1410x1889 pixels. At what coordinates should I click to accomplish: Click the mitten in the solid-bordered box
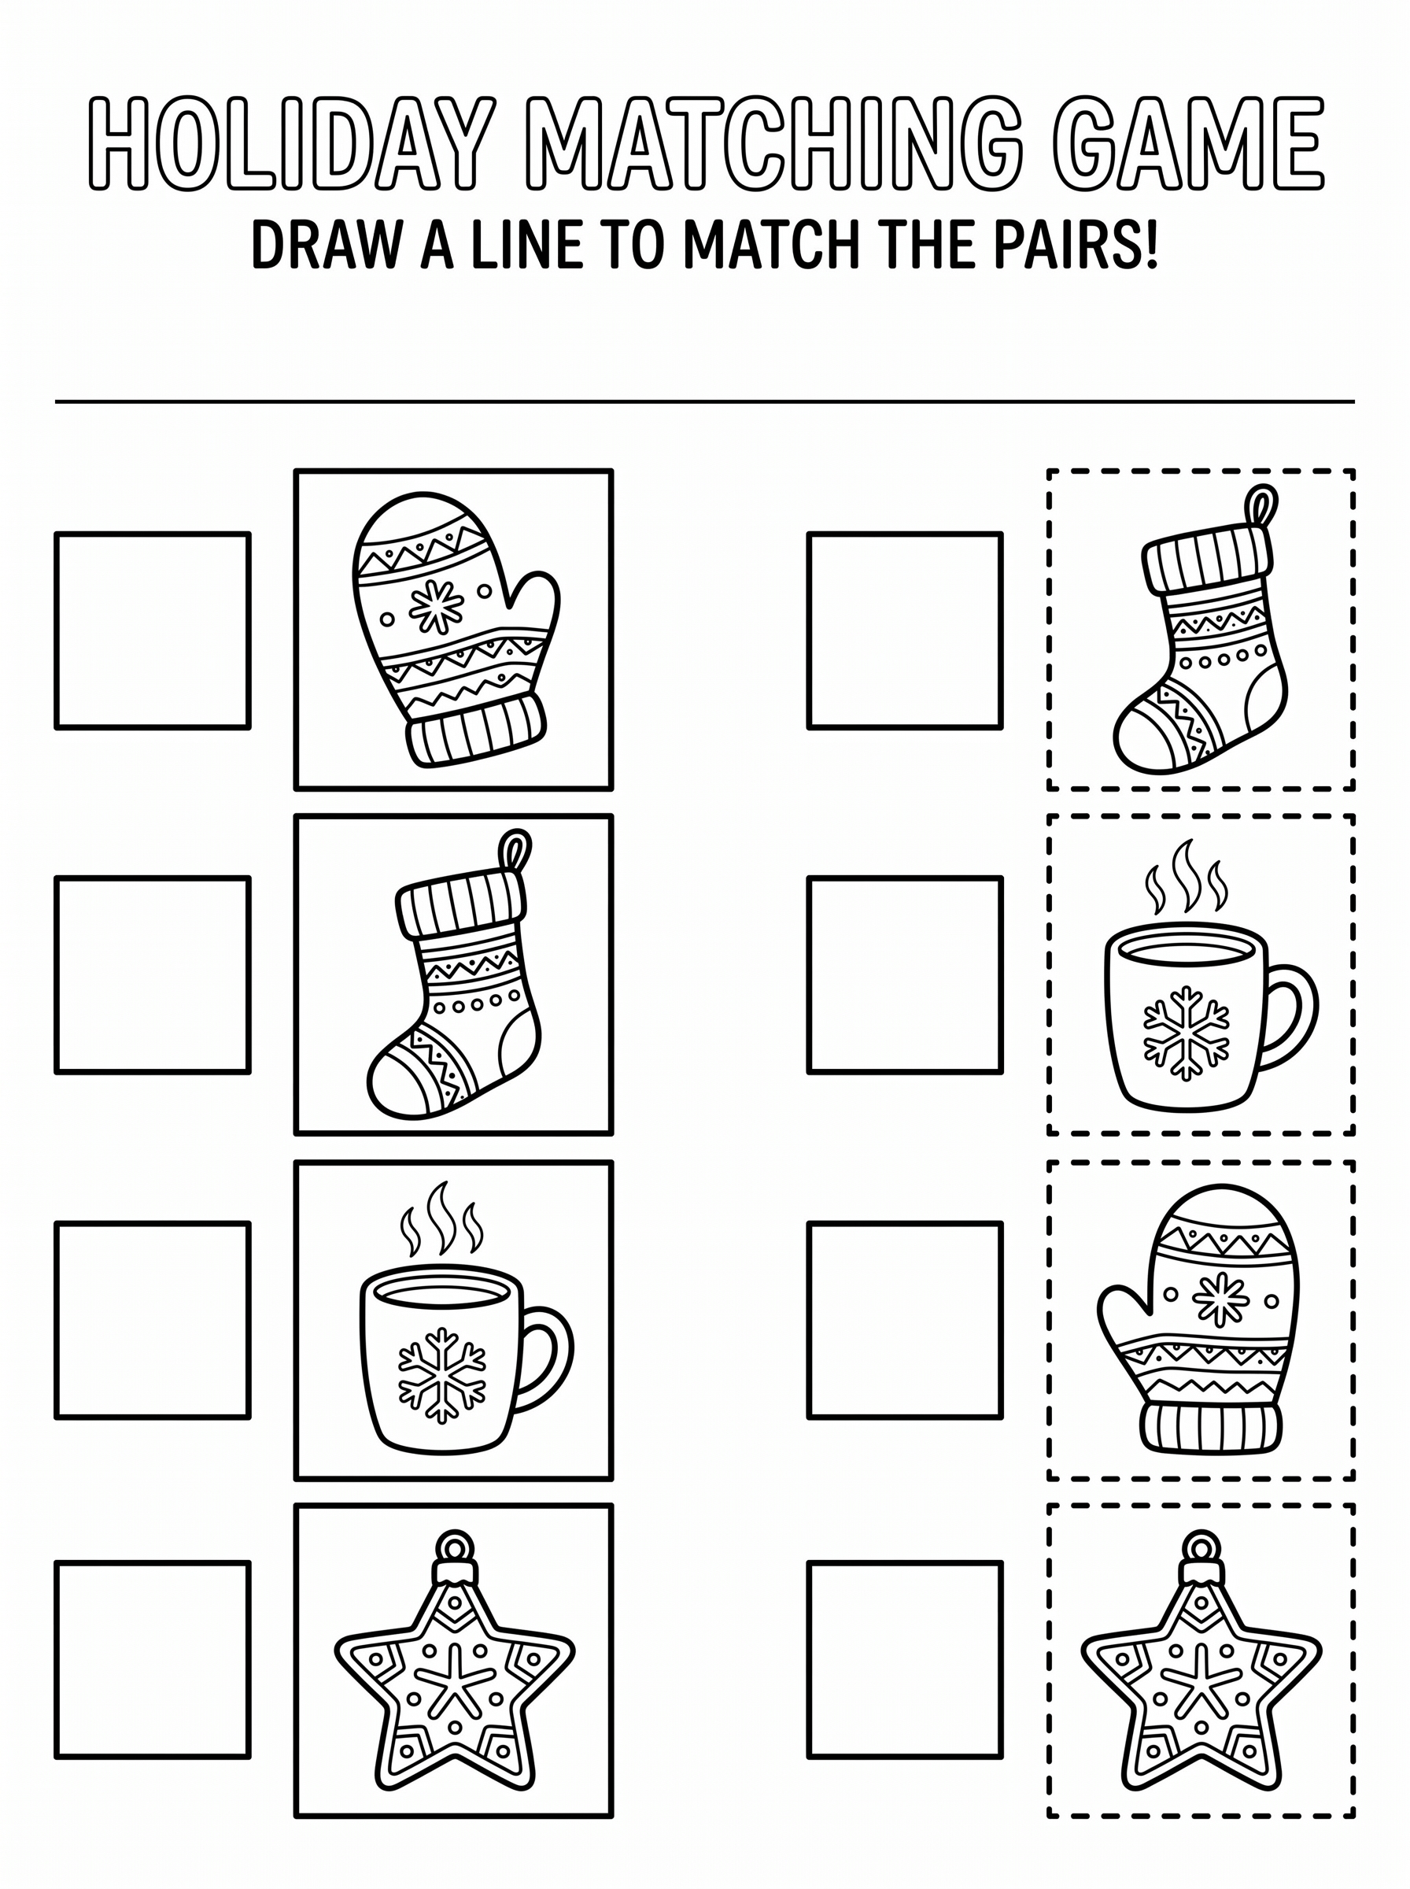click(x=456, y=630)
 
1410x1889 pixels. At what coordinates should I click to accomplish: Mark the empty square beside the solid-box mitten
click(x=153, y=630)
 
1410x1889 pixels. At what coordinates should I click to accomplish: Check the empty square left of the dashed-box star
click(x=905, y=1660)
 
